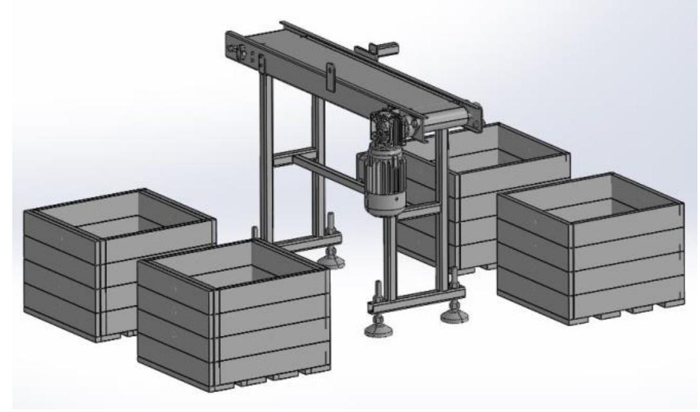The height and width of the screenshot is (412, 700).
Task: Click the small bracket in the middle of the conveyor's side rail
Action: tap(329, 77)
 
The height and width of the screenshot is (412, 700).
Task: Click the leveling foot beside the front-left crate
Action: tap(334, 259)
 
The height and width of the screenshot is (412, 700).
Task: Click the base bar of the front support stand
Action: tap(412, 299)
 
